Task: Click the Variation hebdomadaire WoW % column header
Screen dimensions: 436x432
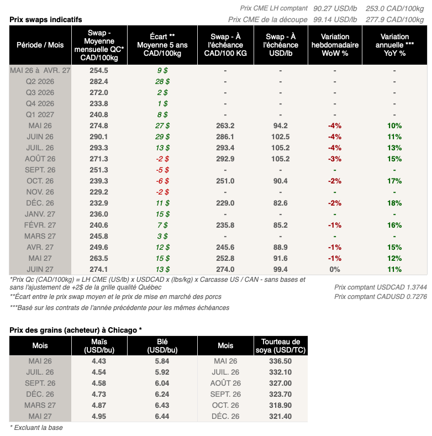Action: [x=334, y=45]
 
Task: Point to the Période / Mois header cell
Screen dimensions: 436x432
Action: [x=40, y=45]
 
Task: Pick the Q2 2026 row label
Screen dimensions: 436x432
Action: [x=40, y=81]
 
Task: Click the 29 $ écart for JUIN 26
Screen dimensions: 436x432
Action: [x=162, y=136]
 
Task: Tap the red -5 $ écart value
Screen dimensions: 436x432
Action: [x=162, y=170]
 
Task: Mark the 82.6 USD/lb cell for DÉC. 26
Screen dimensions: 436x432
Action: [x=280, y=203]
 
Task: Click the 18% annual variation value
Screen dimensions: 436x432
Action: [x=394, y=203]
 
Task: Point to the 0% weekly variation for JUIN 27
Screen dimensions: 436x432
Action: [x=334, y=269]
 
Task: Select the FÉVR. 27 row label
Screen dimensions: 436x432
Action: [x=40, y=225]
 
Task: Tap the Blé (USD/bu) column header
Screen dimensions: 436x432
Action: [x=162, y=346]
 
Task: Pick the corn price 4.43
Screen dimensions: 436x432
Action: [x=99, y=361]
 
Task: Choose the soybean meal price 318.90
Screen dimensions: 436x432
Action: [x=280, y=405]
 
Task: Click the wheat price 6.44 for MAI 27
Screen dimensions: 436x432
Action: [x=162, y=416]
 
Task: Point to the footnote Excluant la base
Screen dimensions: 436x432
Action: [x=37, y=427]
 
